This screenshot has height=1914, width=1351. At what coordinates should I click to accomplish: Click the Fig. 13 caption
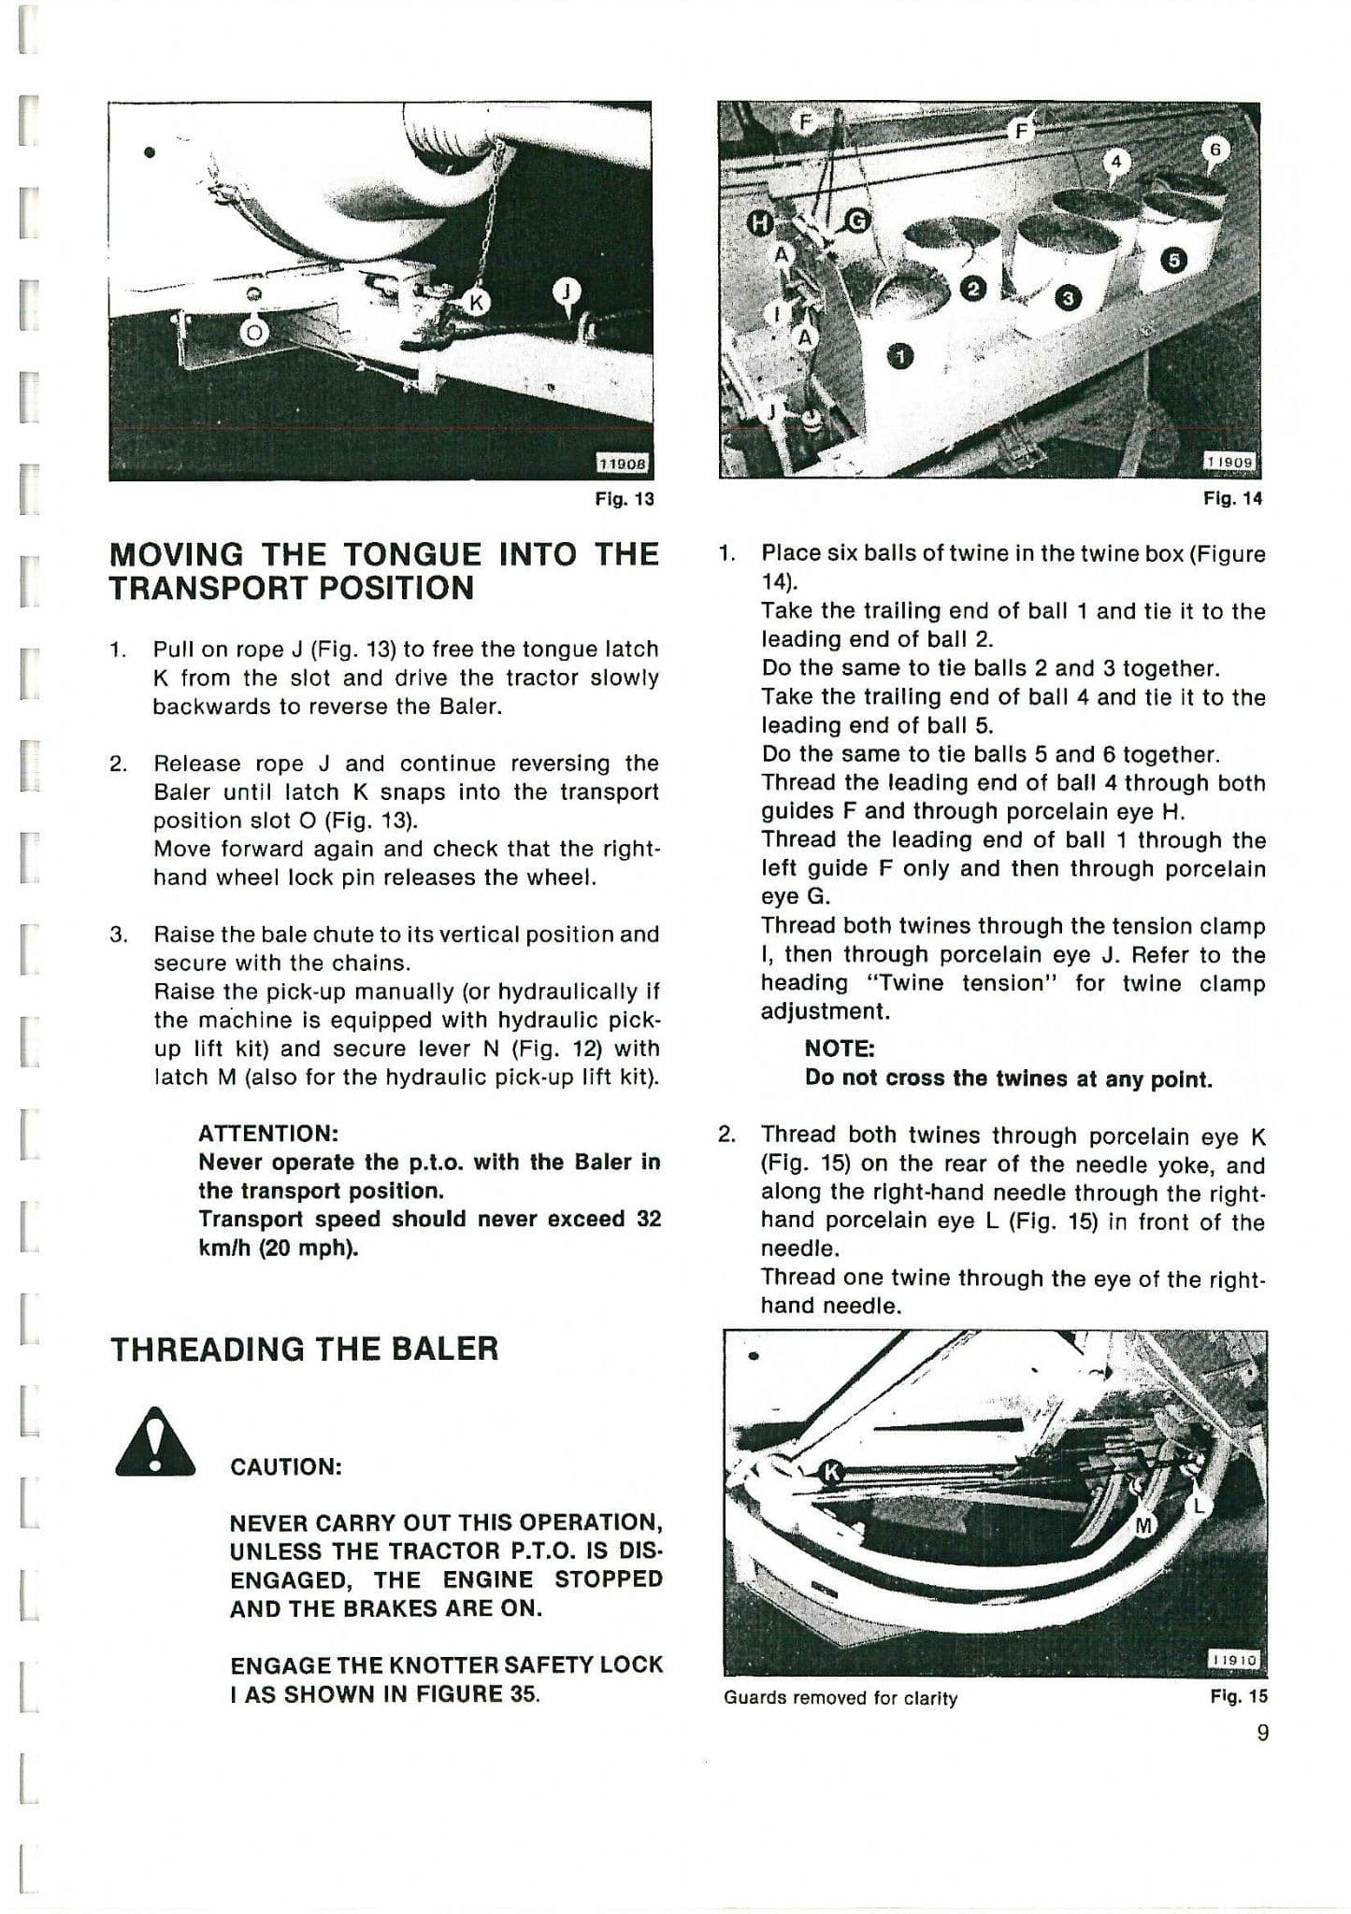(x=625, y=499)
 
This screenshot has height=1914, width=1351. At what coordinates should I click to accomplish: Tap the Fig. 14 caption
(x=1232, y=499)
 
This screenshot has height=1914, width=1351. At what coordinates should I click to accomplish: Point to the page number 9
(x=1262, y=1733)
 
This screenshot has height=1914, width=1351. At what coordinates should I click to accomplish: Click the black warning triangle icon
(x=154, y=1442)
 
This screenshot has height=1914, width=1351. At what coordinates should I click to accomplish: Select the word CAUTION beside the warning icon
(x=286, y=1466)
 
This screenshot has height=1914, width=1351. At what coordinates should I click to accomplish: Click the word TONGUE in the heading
(x=413, y=554)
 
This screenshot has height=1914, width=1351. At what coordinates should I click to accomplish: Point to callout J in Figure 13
(x=566, y=293)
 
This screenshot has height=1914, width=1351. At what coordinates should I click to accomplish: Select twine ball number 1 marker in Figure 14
(x=900, y=356)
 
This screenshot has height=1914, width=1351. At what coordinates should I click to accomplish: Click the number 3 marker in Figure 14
(x=1068, y=298)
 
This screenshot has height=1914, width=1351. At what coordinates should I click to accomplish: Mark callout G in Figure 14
(x=857, y=221)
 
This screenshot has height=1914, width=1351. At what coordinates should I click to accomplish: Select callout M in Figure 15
(x=1143, y=1526)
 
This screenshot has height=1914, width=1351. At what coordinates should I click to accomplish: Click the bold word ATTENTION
(x=267, y=1134)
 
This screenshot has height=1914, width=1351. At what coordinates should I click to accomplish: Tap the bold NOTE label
(x=839, y=1050)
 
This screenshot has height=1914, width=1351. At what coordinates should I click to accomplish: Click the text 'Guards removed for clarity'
(x=840, y=1698)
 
